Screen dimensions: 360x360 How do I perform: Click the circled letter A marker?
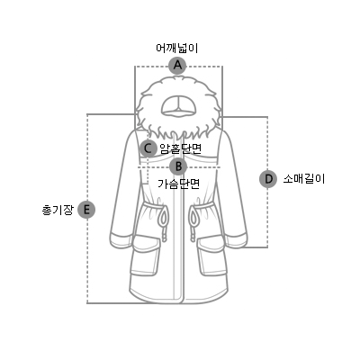pyautogui.click(x=178, y=65)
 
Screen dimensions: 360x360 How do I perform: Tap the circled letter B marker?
pyautogui.click(x=178, y=166)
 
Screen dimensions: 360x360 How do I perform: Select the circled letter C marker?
pyautogui.click(x=148, y=148)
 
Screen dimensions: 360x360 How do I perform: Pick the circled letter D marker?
pyautogui.click(x=268, y=179)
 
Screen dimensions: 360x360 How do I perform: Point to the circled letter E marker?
pyautogui.click(x=86, y=210)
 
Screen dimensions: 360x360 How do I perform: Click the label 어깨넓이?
pyautogui.click(x=177, y=49)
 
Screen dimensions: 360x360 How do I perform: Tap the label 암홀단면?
pyautogui.click(x=181, y=148)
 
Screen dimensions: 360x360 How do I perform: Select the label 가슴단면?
pyautogui.click(x=179, y=184)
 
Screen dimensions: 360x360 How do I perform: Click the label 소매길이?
pyautogui.click(x=304, y=179)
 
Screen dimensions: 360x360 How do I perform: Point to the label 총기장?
pyautogui.click(x=58, y=210)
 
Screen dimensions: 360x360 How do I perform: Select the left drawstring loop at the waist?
pyautogui.click(x=164, y=217)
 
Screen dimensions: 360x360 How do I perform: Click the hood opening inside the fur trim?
pyautogui.click(x=179, y=106)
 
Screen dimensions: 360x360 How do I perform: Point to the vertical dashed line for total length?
pyautogui.click(x=87, y=209)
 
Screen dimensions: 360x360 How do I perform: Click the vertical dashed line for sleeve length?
pyautogui.click(x=267, y=182)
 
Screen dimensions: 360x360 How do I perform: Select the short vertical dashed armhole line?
pyautogui.click(x=148, y=170)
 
